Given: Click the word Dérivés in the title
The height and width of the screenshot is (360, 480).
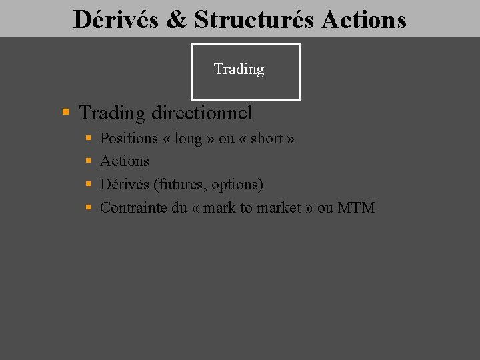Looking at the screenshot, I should click(x=116, y=19).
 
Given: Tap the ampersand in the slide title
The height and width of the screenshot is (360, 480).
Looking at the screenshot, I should click(x=177, y=19).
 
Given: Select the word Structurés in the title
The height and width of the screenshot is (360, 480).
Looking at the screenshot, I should click(x=254, y=19).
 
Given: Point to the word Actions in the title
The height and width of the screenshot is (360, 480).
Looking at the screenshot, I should click(x=363, y=19).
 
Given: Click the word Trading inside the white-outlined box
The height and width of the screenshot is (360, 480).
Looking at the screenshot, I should click(x=239, y=69).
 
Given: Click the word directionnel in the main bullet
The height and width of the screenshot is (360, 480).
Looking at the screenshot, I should click(x=202, y=113).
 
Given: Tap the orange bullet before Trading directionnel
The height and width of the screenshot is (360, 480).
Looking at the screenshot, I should click(x=65, y=113).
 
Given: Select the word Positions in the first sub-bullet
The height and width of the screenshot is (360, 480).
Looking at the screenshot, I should click(x=129, y=139).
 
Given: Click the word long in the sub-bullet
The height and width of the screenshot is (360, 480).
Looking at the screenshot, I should click(x=188, y=139).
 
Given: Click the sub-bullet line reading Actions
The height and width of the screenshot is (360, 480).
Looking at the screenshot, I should click(x=125, y=161).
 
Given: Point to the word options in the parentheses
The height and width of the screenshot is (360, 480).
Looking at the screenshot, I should click(x=236, y=185).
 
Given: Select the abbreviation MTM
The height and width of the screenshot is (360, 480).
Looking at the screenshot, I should click(x=356, y=207).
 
